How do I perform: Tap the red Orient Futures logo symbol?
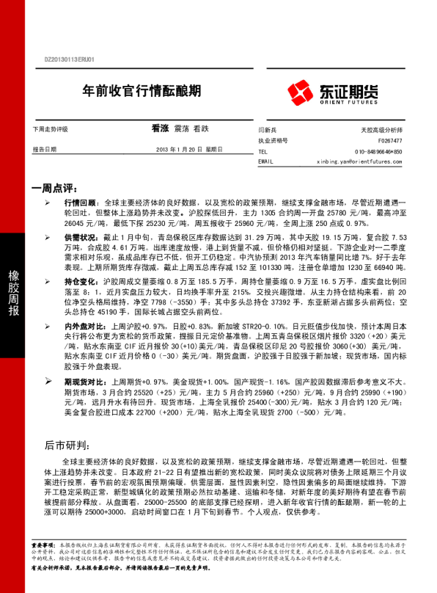[x=301, y=91]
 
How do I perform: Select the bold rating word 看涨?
[x=160, y=128]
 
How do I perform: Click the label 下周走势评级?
[x=50, y=129]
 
